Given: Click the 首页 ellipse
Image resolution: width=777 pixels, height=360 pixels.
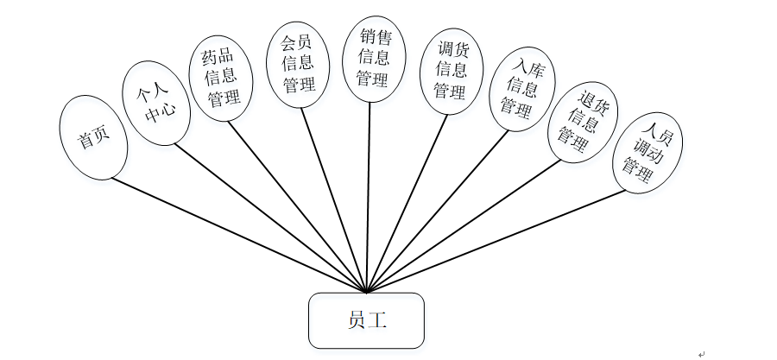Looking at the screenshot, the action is pos(93,138).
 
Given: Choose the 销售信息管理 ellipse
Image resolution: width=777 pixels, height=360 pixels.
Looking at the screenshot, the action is pos(372,57).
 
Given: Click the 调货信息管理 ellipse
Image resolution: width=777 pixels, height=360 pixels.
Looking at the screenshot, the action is pos(450,70).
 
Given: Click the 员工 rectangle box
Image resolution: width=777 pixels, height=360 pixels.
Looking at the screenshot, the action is pos(366,320).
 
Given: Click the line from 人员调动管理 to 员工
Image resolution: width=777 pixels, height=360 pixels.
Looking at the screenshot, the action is pos(496,241).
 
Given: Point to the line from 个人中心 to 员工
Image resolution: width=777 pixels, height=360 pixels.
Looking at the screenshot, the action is pos(270,217).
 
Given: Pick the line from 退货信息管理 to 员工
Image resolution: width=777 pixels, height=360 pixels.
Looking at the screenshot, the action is pos(464,226).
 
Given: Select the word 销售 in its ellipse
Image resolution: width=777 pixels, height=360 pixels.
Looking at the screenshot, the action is pos(372,37).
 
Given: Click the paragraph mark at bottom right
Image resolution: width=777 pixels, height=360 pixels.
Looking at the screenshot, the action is pos(701,352).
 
